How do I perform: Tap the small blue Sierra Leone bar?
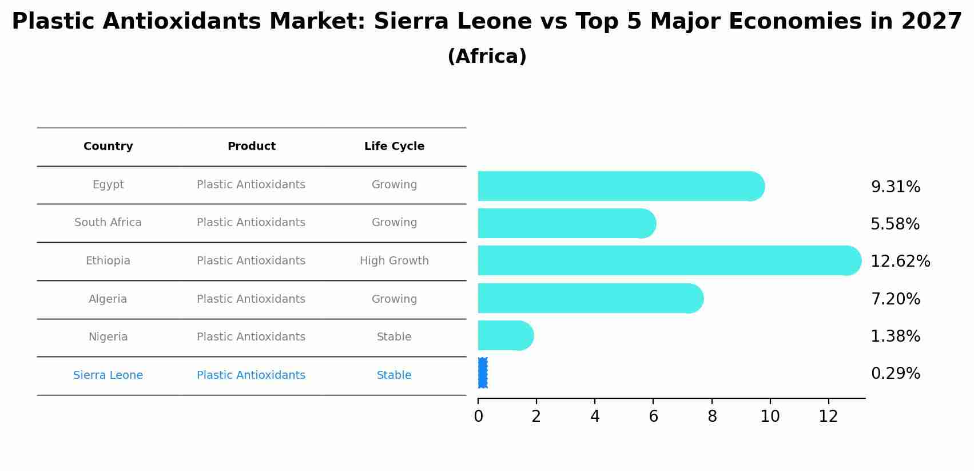click(x=482, y=373)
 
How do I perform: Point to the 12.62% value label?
click(x=900, y=262)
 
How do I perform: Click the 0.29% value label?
click(x=895, y=374)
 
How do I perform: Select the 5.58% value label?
click(x=895, y=224)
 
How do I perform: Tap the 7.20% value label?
click(x=895, y=299)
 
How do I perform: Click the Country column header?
click(x=108, y=147)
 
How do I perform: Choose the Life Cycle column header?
click(x=394, y=147)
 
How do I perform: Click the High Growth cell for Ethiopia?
click(x=394, y=261)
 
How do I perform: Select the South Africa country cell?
click(x=108, y=223)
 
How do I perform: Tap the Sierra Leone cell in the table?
click(x=108, y=375)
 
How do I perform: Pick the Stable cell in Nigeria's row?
click(x=394, y=337)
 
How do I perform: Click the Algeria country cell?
click(x=108, y=299)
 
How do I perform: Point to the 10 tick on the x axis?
click(x=770, y=417)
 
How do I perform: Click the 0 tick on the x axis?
click(x=479, y=417)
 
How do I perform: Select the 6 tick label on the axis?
click(x=653, y=417)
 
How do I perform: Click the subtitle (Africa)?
click(x=487, y=57)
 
